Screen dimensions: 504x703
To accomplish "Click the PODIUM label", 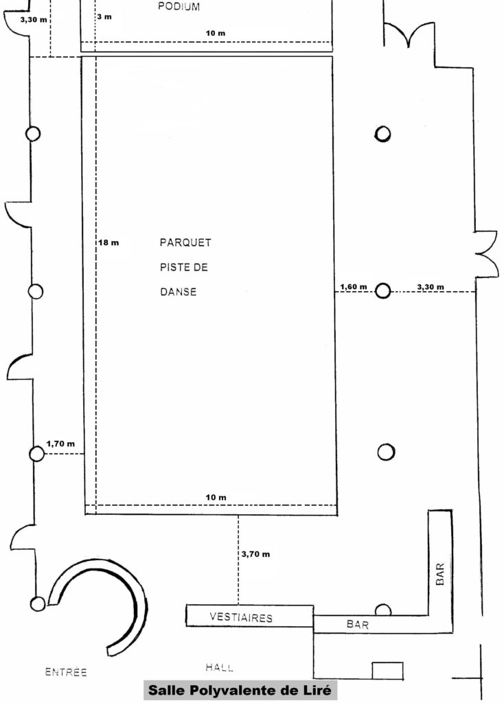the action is tap(179, 7).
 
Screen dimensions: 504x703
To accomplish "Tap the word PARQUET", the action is tap(185, 242).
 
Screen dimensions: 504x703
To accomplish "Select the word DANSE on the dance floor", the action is tap(179, 292).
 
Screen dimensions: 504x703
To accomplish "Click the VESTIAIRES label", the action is tap(241, 617).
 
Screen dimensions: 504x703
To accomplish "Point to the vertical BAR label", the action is tap(440, 574).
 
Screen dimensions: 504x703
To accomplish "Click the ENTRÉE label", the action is tap(66, 671).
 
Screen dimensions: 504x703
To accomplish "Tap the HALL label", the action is tap(220, 667).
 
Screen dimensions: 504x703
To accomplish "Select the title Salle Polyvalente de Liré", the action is tap(240, 689).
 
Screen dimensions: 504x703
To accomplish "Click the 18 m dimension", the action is tap(109, 242).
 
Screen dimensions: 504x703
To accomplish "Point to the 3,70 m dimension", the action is tap(255, 554).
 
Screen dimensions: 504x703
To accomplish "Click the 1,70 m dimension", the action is tap(60, 444).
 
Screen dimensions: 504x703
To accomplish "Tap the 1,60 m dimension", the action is tap(354, 287).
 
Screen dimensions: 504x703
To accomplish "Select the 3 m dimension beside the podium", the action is tap(104, 17).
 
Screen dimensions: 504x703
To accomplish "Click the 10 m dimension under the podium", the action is tap(216, 33).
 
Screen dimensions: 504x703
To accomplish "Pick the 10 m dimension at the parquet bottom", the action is tap(216, 497).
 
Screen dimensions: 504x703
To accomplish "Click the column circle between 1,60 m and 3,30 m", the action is tap(382, 291).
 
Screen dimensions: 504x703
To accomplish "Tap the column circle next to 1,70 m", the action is tap(37, 454).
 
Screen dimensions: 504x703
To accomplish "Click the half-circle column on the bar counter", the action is tap(382, 610).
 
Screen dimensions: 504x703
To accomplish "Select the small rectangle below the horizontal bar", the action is tap(387, 671).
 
